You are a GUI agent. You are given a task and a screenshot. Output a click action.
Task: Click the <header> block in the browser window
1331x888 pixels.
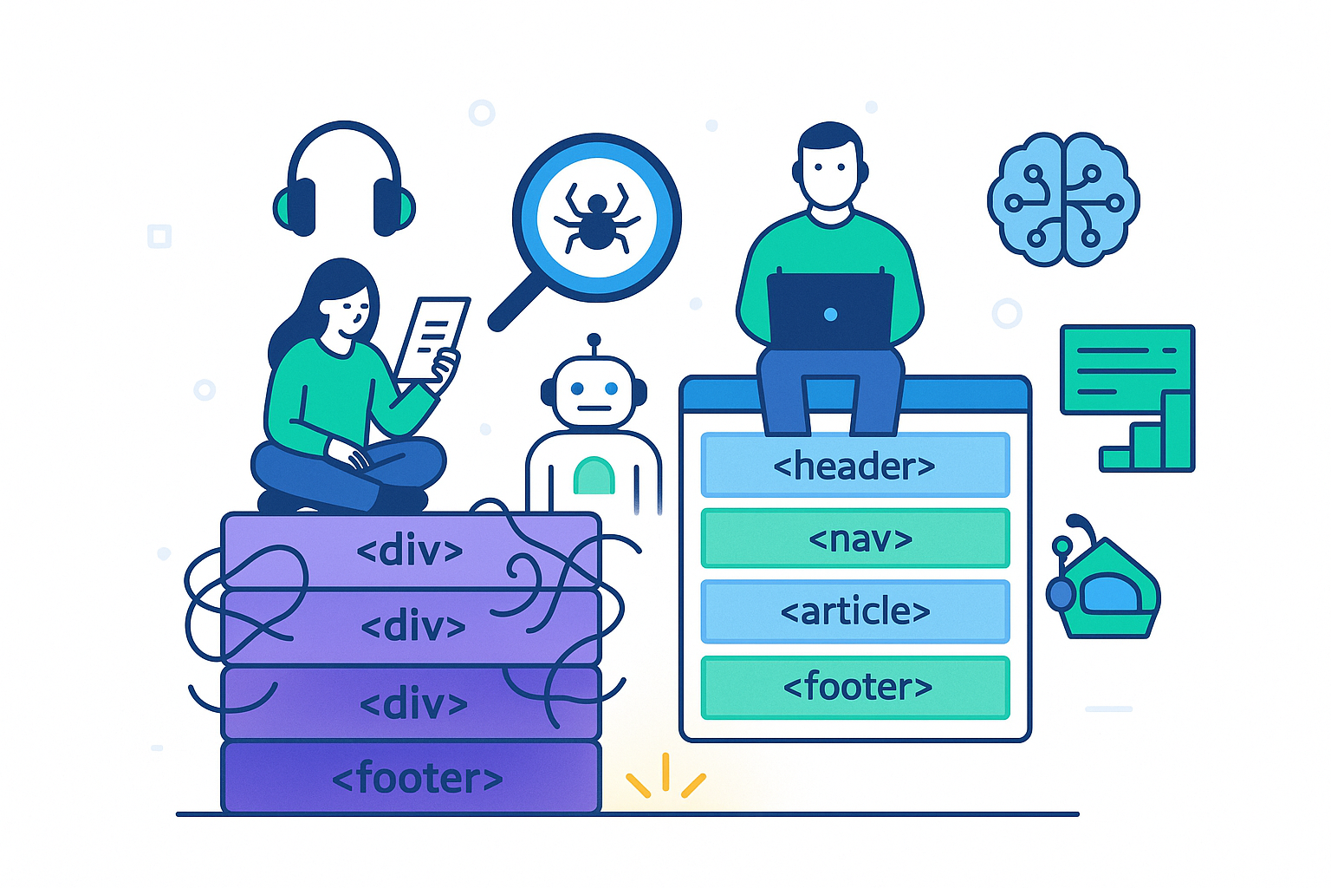coord(855,466)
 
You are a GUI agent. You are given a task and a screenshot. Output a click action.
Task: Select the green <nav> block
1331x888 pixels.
coord(855,539)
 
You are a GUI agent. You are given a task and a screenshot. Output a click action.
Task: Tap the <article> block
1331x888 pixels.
coord(855,611)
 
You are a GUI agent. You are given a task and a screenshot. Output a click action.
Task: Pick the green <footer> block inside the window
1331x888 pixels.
coord(855,688)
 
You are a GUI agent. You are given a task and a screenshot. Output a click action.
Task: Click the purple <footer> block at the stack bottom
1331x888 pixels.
coord(412,778)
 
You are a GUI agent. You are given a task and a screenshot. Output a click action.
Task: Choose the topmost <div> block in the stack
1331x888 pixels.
coord(409,550)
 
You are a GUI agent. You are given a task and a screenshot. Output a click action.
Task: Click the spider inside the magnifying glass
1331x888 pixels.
coord(596,219)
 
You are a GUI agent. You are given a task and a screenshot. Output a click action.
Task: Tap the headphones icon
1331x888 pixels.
coord(344,182)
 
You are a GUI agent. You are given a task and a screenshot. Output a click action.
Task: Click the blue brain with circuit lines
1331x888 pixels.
coord(1063,199)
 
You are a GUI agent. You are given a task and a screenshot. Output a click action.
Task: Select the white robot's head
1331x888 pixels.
coord(594,391)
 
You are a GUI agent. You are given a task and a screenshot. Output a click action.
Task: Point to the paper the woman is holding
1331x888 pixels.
coord(431,338)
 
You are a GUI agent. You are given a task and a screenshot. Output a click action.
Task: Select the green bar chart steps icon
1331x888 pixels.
coord(1148,438)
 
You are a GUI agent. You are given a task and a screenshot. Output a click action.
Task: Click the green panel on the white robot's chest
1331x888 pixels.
coord(594,476)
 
